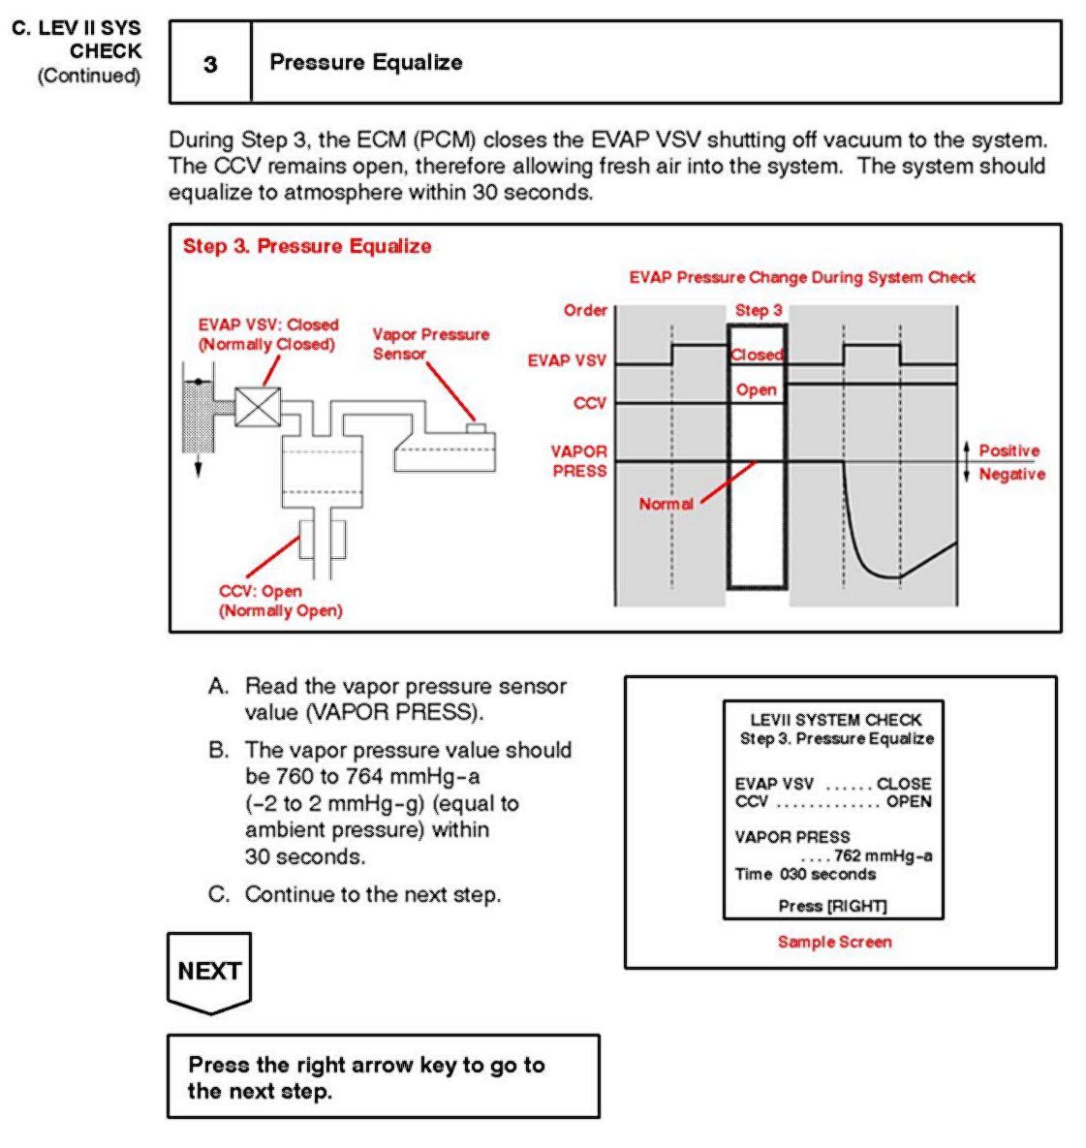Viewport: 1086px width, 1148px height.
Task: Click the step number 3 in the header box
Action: [210, 64]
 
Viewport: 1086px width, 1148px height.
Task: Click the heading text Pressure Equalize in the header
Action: [365, 62]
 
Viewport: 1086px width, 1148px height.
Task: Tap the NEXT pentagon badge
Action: [209, 972]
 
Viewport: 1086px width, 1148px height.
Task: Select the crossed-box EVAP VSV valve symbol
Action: [258, 407]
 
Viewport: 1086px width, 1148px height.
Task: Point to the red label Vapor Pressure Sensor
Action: [430, 344]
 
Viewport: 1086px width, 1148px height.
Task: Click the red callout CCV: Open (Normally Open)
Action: [280, 601]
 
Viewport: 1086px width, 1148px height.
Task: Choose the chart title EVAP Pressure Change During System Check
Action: [802, 277]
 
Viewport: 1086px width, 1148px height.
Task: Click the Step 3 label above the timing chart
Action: [758, 310]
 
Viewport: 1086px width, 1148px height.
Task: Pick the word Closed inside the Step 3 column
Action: [757, 355]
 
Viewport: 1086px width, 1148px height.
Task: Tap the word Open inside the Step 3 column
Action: [756, 389]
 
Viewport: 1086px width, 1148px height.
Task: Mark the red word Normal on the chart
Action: [666, 504]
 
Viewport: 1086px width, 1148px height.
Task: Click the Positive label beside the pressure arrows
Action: [1008, 450]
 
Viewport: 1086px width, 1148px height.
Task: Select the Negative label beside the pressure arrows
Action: [1011, 474]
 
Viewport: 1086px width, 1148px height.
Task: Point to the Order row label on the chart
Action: [585, 310]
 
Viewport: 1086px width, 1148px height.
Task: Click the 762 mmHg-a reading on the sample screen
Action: [883, 855]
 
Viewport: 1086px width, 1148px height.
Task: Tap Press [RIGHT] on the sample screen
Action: [832, 906]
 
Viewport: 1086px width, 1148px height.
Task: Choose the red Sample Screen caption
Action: [834, 942]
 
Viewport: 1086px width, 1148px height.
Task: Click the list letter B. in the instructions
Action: [219, 750]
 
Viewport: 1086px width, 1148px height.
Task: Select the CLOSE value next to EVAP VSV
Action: [903, 783]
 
